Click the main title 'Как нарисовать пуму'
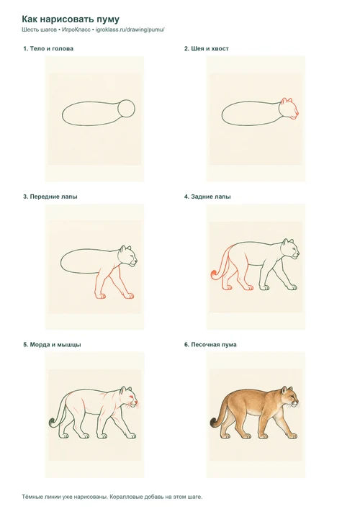click(x=71, y=19)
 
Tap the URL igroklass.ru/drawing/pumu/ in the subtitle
click(x=130, y=30)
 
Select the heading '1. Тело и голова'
click(x=48, y=49)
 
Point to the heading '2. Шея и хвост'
click(x=207, y=49)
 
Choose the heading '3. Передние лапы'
click(x=50, y=197)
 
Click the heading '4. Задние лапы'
click(x=207, y=197)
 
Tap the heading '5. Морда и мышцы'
click(x=52, y=345)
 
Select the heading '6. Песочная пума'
click(x=210, y=345)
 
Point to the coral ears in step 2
click(x=287, y=100)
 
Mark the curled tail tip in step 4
click(x=214, y=274)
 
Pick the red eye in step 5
click(x=130, y=397)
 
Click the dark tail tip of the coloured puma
click(x=214, y=423)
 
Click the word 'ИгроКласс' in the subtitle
click(x=76, y=30)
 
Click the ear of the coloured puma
click(x=285, y=389)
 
